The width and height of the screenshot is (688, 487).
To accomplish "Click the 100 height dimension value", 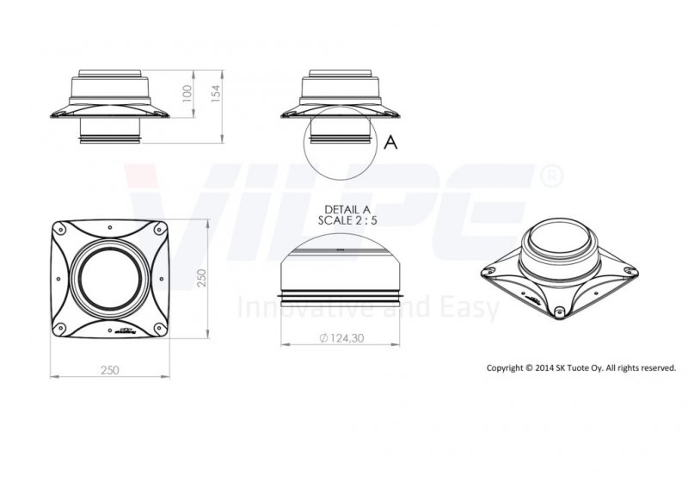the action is coord(187,94).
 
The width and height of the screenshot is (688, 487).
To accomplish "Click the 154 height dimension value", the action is coord(216,94).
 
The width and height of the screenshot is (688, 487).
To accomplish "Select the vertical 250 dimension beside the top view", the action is coord(201,278).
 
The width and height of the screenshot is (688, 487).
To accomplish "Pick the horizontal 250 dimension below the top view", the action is coord(110,370).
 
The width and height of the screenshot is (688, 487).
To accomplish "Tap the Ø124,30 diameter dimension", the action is coord(341,337).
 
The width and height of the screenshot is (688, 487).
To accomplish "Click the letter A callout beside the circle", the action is coord(390,142).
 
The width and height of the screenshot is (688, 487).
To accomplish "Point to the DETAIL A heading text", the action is coord(347,209).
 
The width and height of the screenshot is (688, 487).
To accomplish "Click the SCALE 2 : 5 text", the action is coord(347,220).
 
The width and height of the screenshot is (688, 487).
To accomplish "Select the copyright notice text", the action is coord(581,368).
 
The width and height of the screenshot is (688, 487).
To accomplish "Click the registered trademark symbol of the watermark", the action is coord(550,176).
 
